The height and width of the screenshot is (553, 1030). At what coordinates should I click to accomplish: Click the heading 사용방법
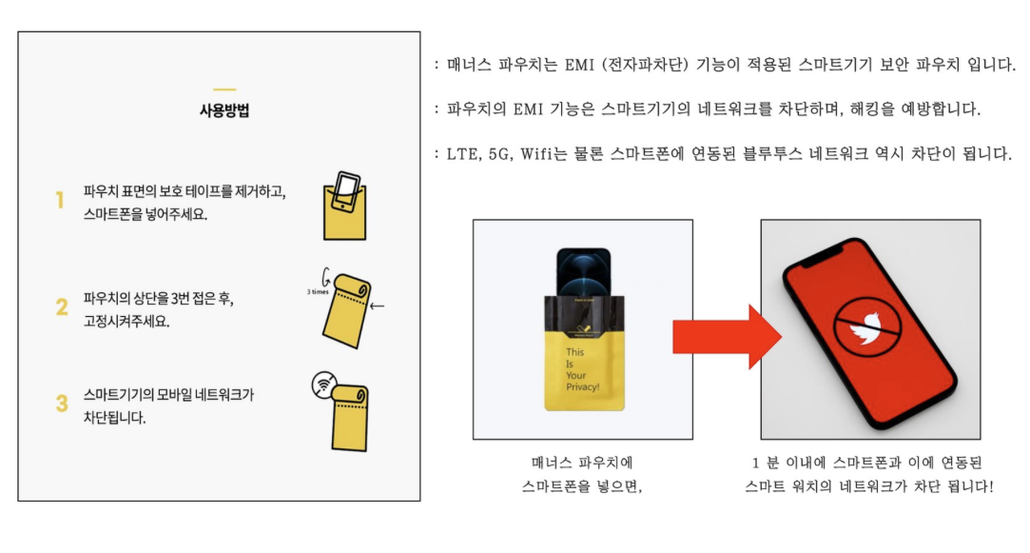pyautogui.click(x=224, y=110)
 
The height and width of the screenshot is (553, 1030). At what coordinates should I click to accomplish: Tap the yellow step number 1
pyautogui.click(x=60, y=201)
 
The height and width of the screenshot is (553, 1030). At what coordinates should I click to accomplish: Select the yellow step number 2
pyautogui.click(x=62, y=307)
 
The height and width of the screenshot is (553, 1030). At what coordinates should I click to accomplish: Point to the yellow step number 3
pyautogui.click(x=62, y=404)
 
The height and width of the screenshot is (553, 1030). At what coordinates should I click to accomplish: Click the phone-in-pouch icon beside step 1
pyautogui.click(x=344, y=205)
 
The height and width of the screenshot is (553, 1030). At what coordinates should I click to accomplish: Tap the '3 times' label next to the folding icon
pyautogui.click(x=318, y=292)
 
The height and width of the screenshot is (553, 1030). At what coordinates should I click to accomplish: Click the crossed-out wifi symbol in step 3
pyautogui.click(x=323, y=385)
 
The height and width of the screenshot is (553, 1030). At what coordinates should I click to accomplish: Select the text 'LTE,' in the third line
pyautogui.click(x=463, y=154)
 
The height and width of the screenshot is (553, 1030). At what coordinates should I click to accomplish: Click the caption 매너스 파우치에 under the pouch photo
pyautogui.click(x=582, y=464)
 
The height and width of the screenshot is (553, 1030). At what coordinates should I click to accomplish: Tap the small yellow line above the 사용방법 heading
pyautogui.click(x=224, y=89)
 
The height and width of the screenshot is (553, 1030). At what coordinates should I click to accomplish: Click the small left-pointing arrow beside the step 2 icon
pyautogui.click(x=376, y=306)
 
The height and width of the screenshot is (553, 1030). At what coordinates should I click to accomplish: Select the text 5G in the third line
pyautogui.click(x=499, y=154)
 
